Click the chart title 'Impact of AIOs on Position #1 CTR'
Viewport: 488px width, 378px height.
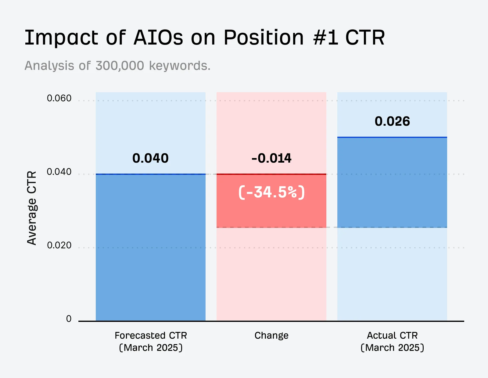[x=204, y=38]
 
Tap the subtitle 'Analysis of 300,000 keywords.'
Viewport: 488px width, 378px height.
[x=117, y=66]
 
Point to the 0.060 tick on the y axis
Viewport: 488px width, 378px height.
[x=59, y=98]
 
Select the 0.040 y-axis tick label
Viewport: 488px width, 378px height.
[x=59, y=172]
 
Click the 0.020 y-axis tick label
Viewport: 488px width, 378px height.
[x=59, y=245]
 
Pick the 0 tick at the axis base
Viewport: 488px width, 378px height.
[x=69, y=319]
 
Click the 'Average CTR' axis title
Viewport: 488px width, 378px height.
[x=32, y=208]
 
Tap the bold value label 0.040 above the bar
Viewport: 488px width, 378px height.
[x=150, y=158]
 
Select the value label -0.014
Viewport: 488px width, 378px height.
[x=271, y=158]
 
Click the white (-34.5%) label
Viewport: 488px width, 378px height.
[x=271, y=192]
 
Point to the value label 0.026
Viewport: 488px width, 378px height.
[x=392, y=121]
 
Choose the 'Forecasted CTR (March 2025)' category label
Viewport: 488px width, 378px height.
[x=151, y=341]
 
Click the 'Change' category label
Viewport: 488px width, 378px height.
[x=271, y=335]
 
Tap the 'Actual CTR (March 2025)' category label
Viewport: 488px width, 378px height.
[x=392, y=341]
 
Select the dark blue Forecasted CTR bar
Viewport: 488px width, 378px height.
[x=151, y=247]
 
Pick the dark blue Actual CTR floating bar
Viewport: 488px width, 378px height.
[x=392, y=182]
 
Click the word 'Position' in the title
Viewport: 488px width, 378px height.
[x=264, y=38]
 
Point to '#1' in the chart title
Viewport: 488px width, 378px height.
[x=325, y=38]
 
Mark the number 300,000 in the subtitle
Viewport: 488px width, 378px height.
[x=120, y=66]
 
